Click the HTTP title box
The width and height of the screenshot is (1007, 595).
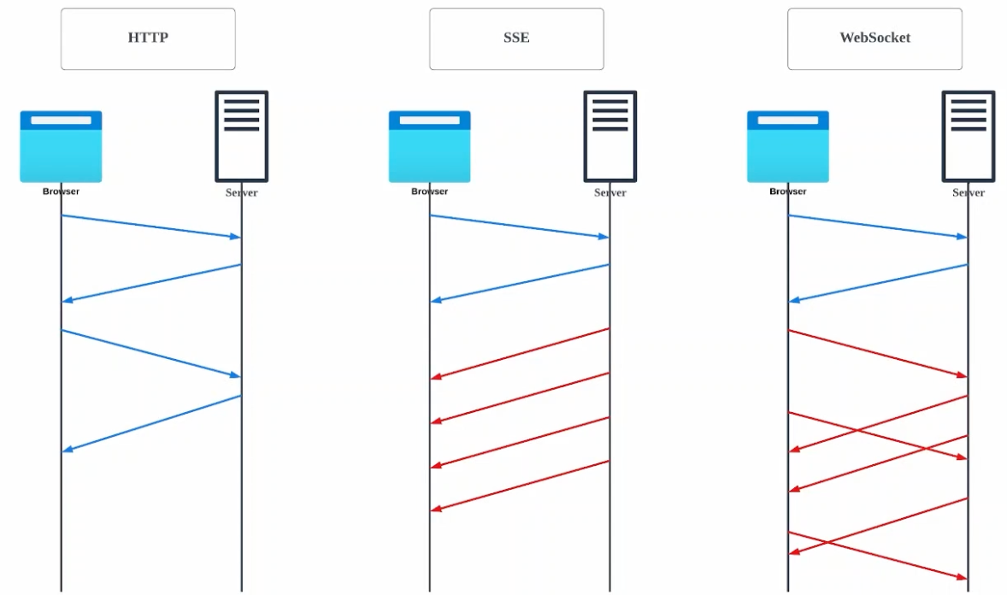pos(148,38)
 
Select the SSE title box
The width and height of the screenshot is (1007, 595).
pos(516,38)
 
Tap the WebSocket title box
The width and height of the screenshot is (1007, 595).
pos(874,38)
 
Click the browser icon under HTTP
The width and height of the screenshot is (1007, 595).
pos(61,146)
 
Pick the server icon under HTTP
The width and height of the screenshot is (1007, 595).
pos(241,136)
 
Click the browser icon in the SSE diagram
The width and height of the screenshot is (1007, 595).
pos(429,146)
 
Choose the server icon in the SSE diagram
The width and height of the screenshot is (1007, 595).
pos(610,136)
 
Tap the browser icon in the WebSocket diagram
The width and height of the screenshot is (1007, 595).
pos(787,146)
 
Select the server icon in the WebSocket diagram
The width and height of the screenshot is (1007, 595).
pos(969,136)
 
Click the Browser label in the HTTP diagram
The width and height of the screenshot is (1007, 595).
pos(61,191)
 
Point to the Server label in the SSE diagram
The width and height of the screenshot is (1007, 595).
pos(610,193)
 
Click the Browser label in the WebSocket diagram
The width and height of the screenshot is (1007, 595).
pos(787,191)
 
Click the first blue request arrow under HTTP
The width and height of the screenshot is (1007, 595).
pos(151,226)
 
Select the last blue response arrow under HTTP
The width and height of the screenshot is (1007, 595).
pos(151,422)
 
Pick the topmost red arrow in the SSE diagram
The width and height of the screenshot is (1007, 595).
pos(520,352)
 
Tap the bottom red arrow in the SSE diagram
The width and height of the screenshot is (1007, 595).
pos(520,485)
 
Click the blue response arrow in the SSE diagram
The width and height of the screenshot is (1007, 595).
pos(520,282)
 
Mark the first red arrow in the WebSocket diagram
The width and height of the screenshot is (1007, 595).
pos(878,352)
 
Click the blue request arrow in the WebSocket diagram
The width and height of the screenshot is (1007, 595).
pos(878,226)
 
